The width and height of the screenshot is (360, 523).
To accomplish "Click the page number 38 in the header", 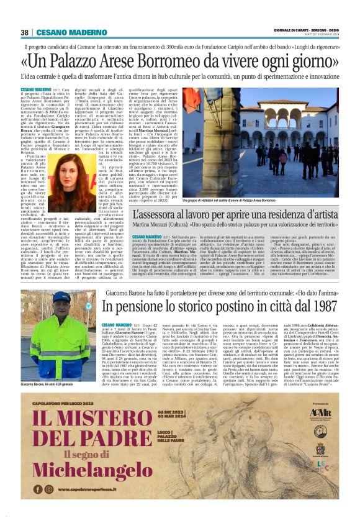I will click(x=25, y=32).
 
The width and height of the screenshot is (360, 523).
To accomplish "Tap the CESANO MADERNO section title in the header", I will click(x=63, y=32).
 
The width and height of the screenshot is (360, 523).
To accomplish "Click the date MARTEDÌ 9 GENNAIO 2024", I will click(x=323, y=34).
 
